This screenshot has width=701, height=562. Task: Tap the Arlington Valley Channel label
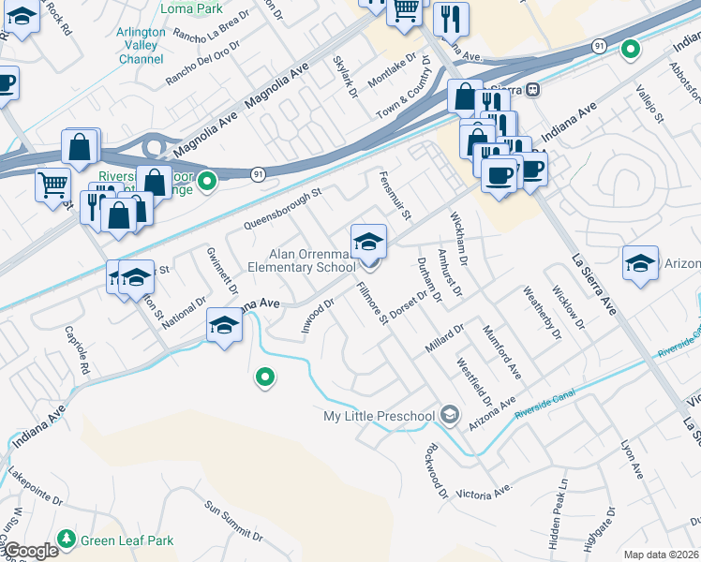point(142,45)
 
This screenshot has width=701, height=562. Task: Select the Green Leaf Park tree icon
point(66,539)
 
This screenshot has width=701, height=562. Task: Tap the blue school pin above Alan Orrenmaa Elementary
point(368,243)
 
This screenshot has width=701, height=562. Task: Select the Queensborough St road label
point(282,208)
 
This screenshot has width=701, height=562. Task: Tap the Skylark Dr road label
point(345,75)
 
